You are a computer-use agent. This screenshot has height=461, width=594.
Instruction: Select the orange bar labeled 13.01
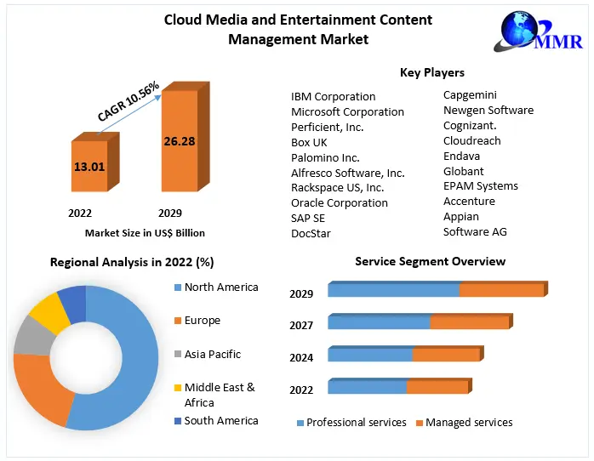pos(89,166)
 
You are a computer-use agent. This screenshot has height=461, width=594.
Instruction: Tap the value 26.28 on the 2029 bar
pos(180,140)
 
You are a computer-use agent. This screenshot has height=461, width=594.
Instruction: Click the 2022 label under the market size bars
pos(79,213)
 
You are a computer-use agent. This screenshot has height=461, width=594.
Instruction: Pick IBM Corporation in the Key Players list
pos(333,96)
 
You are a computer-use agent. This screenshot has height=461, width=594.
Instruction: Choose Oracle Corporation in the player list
pos(340,202)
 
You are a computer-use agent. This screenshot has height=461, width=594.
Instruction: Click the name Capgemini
pos(470,94)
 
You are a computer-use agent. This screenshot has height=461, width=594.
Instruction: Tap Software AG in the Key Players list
pos(475,231)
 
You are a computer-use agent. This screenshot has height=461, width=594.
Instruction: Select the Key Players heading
pos(431,72)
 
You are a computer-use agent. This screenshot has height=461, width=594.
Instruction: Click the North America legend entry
pos(220,287)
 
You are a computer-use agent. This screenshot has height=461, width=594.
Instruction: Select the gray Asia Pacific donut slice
pos(32,335)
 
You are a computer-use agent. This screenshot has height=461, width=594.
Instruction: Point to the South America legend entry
pos(220,420)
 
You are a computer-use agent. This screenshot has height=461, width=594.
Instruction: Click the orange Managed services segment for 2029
pos(501,290)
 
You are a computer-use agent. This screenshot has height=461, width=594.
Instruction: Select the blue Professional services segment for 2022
pos(367,387)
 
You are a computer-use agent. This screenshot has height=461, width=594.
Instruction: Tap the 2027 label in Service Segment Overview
pos(301,325)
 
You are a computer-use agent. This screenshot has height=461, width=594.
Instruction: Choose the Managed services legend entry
pos(468,422)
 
